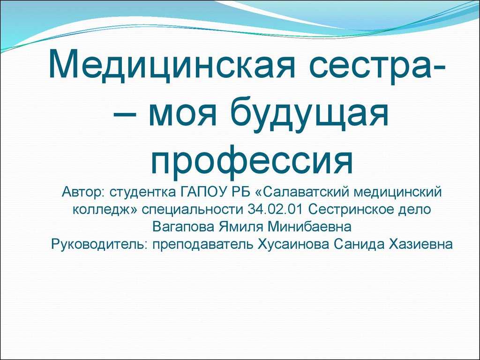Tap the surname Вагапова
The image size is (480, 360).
click(183, 227)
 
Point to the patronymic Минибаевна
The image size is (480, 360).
click(309, 227)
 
